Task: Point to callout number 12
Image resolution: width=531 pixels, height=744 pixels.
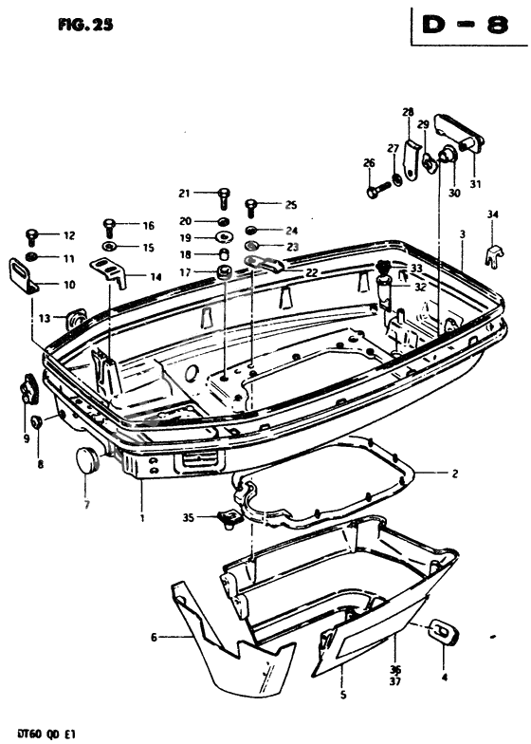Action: point(68,234)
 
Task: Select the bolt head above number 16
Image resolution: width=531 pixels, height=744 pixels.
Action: point(109,226)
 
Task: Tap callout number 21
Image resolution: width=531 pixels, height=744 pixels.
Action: point(184,194)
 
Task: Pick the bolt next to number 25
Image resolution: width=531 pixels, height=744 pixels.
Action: point(252,205)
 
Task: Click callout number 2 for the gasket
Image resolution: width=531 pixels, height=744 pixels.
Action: point(454,472)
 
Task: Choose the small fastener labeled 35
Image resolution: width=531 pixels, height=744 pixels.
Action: point(224,516)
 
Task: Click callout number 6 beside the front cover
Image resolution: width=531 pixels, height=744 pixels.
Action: point(153,638)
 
